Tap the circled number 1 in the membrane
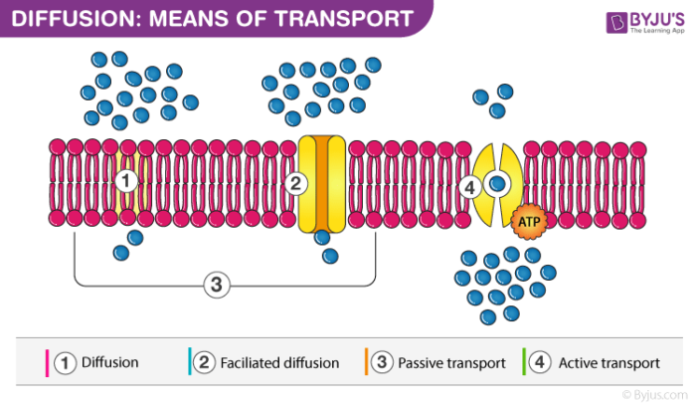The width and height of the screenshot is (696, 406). point(125,181)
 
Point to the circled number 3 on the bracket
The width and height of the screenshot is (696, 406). point(217,285)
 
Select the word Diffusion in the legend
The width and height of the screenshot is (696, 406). point(109,362)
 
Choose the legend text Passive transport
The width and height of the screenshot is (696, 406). point(451,362)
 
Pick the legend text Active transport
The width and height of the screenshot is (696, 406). point(609,362)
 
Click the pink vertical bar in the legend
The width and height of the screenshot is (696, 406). point(46,362)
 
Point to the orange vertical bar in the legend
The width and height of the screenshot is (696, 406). point(366,362)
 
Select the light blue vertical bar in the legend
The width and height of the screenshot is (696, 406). point(188,362)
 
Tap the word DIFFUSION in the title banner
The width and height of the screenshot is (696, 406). point(66,18)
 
